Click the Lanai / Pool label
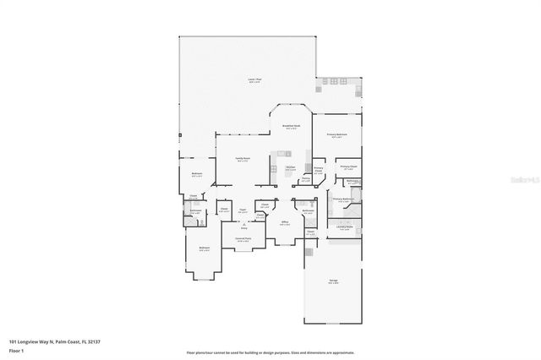[x=254, y=79]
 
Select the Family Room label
[x=242, y=158]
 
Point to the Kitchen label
[x=289, y=167]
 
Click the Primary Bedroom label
[x=337, y=135]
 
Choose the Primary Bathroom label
[x=343, y=199]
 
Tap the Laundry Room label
[x=343, y=226]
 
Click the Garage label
[x=333, y=282]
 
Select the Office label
[x=286, y=221]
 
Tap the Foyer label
[x=243, y=210]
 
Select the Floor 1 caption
[x=16, y=351]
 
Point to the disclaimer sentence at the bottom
[x=270, y=352]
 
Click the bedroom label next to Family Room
[x=197, y=176]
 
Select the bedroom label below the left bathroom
[x=204, y=248]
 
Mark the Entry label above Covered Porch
[x=243, y=228]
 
